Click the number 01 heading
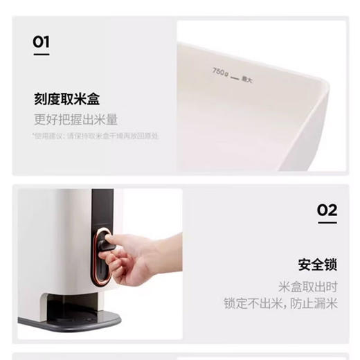coord(42,43)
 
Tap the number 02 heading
coord(327,210)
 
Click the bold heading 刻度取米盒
coord(66,98)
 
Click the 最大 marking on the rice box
coord(246,80)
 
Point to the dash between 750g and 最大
coord(234,75)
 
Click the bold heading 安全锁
coord(318,265)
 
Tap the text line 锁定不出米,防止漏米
coord(280,303)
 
